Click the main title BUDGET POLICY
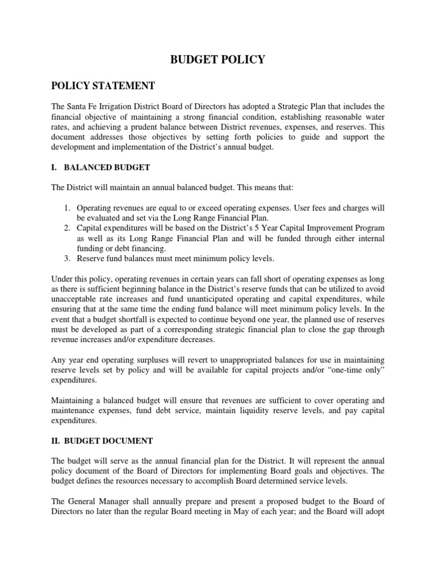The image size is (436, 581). (x=218, y=60)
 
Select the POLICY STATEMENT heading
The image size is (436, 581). (x=103, y=86)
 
